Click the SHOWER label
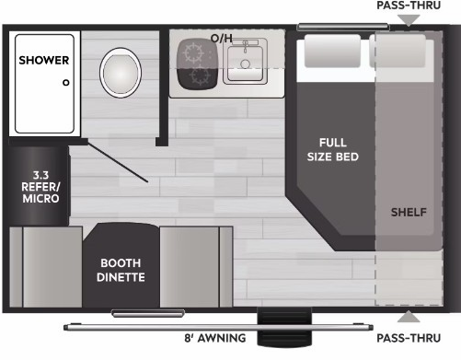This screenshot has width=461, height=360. click(44, 60)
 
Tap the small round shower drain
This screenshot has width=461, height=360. click(66, 83)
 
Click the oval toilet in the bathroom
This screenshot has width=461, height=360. click(121, 73)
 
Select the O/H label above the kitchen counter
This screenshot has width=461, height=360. click(222, 39)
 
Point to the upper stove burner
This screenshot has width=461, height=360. click(193, 52)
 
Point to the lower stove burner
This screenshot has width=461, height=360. click(199, 75)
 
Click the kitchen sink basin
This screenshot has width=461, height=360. click(245, 64)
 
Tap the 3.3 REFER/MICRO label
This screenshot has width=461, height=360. click(40, 187)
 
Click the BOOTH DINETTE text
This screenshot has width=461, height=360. click(121, 270)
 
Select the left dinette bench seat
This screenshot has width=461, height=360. click(46, 267)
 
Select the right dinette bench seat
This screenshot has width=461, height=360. click(196, 267)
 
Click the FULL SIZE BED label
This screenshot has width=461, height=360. click(333, 150)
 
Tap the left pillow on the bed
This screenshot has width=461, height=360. click(332, 51)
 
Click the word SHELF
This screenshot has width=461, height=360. click(409, 212)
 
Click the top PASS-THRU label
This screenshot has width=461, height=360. click(409, 6)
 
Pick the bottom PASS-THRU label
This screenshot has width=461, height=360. click(409, 338)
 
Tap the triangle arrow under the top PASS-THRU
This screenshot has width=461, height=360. click(409, 20)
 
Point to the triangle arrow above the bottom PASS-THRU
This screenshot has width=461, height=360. click(409, 317)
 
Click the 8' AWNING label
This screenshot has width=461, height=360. click(215, 338)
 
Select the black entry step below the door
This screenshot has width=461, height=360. click(284, 327)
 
